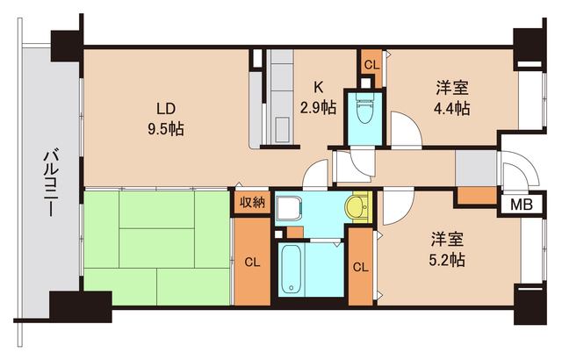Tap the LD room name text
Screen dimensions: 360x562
(x=166, y=109)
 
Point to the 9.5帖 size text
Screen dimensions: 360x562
(x=166, y=129)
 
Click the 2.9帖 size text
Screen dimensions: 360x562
(x=319, y=108)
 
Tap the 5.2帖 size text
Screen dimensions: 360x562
(x=448, y=260)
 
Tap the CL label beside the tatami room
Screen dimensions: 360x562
(x=252, y=261)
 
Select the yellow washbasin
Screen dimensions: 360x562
(x=357, y=208)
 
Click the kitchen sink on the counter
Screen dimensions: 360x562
(x=283, y=128)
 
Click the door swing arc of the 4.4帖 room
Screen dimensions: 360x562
(x=405, y=130)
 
